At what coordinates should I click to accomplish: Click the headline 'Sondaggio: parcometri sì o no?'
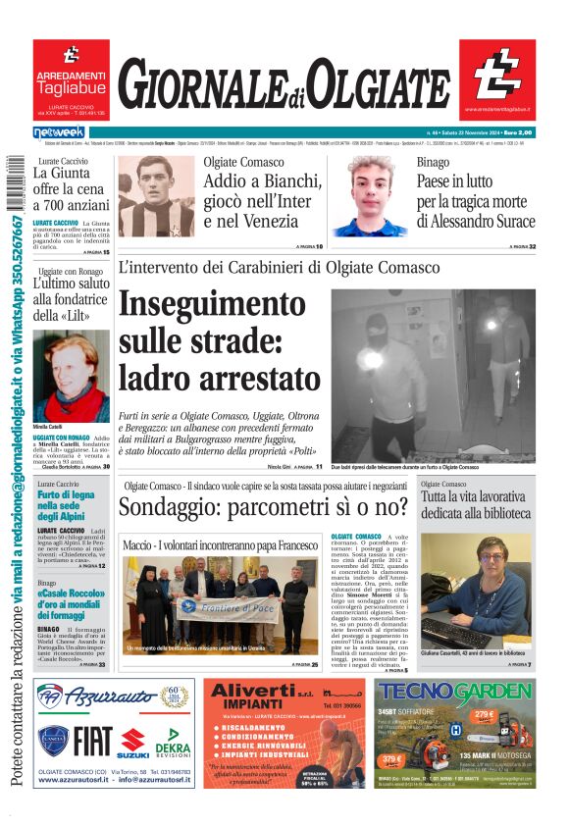[264, 507]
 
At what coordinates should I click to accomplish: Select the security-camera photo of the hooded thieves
[433, 375]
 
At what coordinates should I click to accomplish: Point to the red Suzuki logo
[134, 744]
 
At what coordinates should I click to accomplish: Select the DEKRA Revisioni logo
[173, 747]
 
